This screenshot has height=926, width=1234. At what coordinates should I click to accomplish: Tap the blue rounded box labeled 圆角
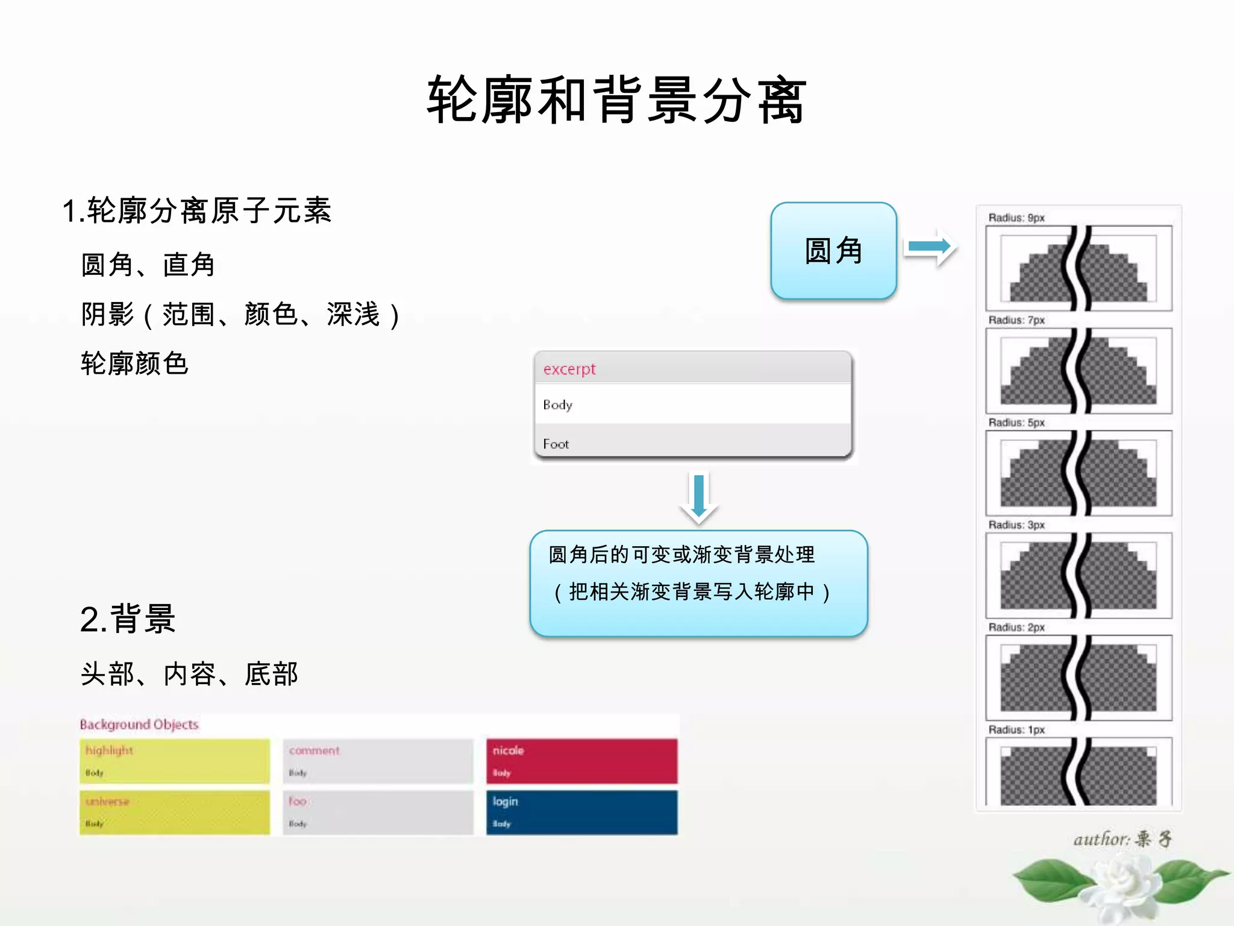(x=833, y=251)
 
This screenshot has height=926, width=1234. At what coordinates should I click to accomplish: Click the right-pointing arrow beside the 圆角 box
(x=930, y=247)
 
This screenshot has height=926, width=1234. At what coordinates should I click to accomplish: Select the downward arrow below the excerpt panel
(x=699, y=498)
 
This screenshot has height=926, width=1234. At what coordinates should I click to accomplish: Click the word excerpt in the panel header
(x=569, y=369)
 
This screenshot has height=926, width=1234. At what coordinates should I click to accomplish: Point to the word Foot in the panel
(x=556, y=444)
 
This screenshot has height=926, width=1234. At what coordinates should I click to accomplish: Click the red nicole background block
(x=581, y=761)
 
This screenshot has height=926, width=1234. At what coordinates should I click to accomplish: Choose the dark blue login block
(x=581, y=812)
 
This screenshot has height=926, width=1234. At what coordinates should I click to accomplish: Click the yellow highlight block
(x=175, y=761)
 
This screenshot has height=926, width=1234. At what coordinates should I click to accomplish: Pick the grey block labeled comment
(x=378, y=761)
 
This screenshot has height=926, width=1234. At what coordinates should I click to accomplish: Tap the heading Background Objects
(x=139, y=724)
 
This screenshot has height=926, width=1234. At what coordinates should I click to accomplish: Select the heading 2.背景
(x=128, y=619)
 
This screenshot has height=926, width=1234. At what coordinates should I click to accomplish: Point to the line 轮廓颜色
(x=135, y=364)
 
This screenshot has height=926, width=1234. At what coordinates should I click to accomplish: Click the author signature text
(x=1122, y=839)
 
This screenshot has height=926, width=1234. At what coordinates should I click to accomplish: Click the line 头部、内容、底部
(x=189, y=674)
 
